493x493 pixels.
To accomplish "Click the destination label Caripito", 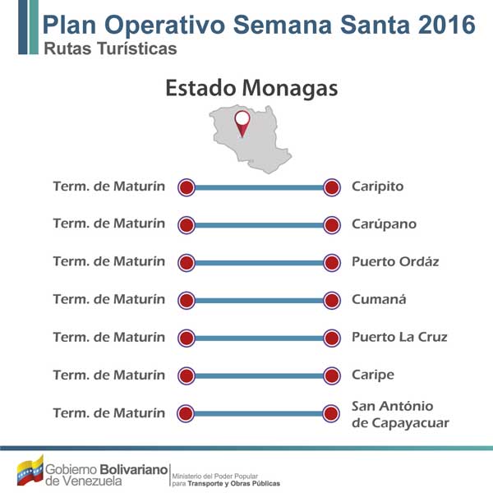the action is pyautogui.click(x=377, y=187).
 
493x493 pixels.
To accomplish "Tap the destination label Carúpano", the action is pyautogui.click(x=384, y=223).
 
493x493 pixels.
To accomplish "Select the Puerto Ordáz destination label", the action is pyautogui.click(x=395, y=261).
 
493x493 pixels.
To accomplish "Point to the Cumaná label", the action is pyautogui.click(x=379, y=299).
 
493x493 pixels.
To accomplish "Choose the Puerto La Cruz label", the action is pyautogui.click(x=399, y=337).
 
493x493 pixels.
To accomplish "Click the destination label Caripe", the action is pyautogui.click(x=373, y=376).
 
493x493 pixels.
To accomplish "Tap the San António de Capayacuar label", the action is pyautogui.click(x=400, y=414).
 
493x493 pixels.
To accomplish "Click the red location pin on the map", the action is pyautogui.click(x=242, y=123).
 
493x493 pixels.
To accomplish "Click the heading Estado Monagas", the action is pyautogui.click(x=251, y=88).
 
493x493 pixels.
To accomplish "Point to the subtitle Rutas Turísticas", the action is pyautogui.click(x=110, y=48).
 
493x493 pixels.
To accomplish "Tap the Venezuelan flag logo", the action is pyautogui.click(x=30, y=470).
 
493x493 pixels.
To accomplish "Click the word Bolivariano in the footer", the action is pyautogui.click(x=134, y=469).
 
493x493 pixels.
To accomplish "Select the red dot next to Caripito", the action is pyautogui.click(x=332, y=187).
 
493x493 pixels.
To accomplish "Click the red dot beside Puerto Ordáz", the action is pyautogui.click(x=332, y=263).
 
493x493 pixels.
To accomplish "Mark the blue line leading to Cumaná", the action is pyautogui.click(x=259, y=301).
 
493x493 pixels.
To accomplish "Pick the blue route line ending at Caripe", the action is pyautogui.click(x=259, y=376).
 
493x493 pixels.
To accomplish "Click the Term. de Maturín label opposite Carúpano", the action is pyautogui.click(x=108, y=223).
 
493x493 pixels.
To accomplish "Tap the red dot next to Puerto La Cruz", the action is pyautogui.click(x=332, y=339).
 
